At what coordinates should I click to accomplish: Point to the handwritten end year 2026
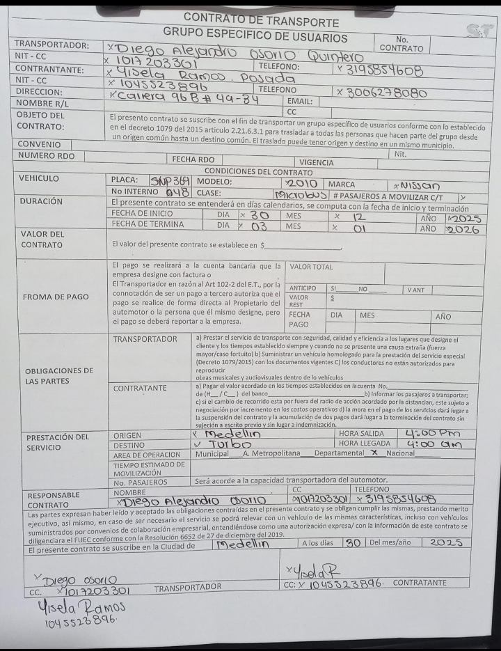click(x=462, y=229)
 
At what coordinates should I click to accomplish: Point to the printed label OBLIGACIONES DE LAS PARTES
click(x=58, y=376)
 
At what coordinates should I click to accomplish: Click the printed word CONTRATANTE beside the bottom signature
click(x=420, y=582)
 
